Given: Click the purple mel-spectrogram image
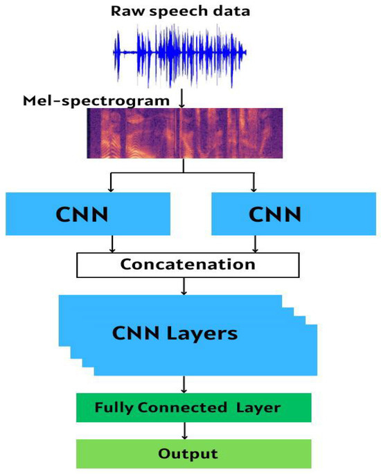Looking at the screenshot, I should (184, 133).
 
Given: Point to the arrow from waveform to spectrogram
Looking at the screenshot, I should (182, 99).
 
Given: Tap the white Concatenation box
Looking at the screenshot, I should (187, 264).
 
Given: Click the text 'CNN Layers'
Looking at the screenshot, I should (175, 333).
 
